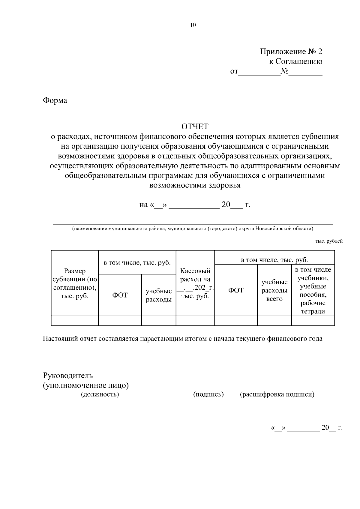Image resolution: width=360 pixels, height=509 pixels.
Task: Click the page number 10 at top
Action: pos(193,25)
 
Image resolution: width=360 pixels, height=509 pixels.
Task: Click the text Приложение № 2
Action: pos(291,52)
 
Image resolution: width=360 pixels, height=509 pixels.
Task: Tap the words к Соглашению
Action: pos(295,61)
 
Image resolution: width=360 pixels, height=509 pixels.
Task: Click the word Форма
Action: pos(55,100)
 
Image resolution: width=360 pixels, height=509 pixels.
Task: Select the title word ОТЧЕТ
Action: pos(195,127)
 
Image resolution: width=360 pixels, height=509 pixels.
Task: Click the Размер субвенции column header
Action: pos(75,283)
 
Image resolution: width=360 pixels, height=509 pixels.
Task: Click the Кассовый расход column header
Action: pos(195,283)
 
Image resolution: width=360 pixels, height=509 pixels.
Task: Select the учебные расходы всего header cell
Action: pos(274,290)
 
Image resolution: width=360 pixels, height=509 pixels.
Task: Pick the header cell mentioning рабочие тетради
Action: pos(313,290)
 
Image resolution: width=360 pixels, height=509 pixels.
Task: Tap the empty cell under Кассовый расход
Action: pos(195,321)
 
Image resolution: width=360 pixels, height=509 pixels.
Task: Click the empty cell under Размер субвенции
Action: pos(75,321)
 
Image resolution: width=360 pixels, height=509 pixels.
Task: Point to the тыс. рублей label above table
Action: pos(329,241)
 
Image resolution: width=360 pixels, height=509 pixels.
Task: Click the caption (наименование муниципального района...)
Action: pos(193,229)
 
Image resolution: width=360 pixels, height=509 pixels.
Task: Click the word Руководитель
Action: pos(68,375)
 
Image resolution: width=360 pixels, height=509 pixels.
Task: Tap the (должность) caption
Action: pos(100,394)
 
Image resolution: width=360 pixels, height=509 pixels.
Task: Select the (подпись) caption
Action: pos(208,394)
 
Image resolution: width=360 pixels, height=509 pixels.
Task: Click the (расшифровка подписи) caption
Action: pos(277,394)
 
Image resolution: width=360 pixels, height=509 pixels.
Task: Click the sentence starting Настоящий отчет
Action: pos(182,339)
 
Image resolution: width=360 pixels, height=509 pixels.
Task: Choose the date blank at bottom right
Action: pos(304,428)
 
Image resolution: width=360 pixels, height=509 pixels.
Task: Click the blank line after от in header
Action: pos(259,72)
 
